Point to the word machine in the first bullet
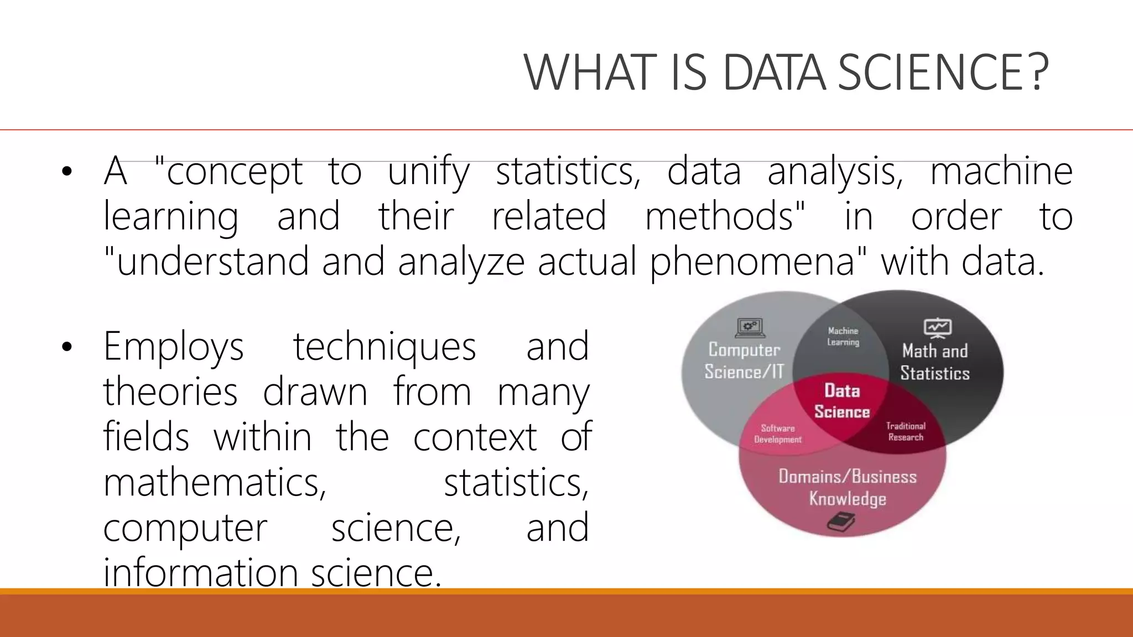(x=1001, y=171)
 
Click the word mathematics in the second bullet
(x=215, y=483)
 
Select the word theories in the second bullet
(x=170, y=392)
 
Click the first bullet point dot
(x=67, y=172)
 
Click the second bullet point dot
(x=67, y=347)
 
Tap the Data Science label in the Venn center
(x=842, y=401)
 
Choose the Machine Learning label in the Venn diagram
(x=843, y=336)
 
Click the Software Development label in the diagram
(x=778, y=434)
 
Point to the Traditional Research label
(x=906, y=431)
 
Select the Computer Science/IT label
(x=744, y=361)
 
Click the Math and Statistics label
(x=935, y=362)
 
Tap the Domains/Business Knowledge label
(x=848, y=487)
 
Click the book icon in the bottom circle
(x=841, y=521)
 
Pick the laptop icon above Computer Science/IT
(x=750, y=328)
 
